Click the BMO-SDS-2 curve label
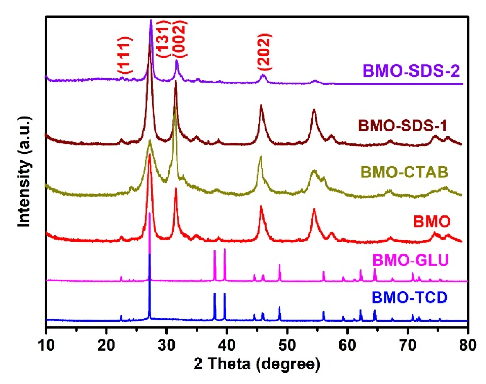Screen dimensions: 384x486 pos(411,71)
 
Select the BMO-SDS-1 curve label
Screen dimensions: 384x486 pos(403,126)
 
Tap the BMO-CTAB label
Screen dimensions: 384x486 pos(404,172)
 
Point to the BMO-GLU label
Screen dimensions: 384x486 pos(411,260)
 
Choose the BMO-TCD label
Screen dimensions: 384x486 pos(410,298)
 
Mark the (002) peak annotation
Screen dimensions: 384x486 pos(179,39)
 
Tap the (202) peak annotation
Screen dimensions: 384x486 pos(265,52)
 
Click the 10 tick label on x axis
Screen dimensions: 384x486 pos(46,345)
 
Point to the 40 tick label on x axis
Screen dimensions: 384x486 pos(227,345)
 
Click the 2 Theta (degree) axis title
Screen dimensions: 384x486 pos(256,364)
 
